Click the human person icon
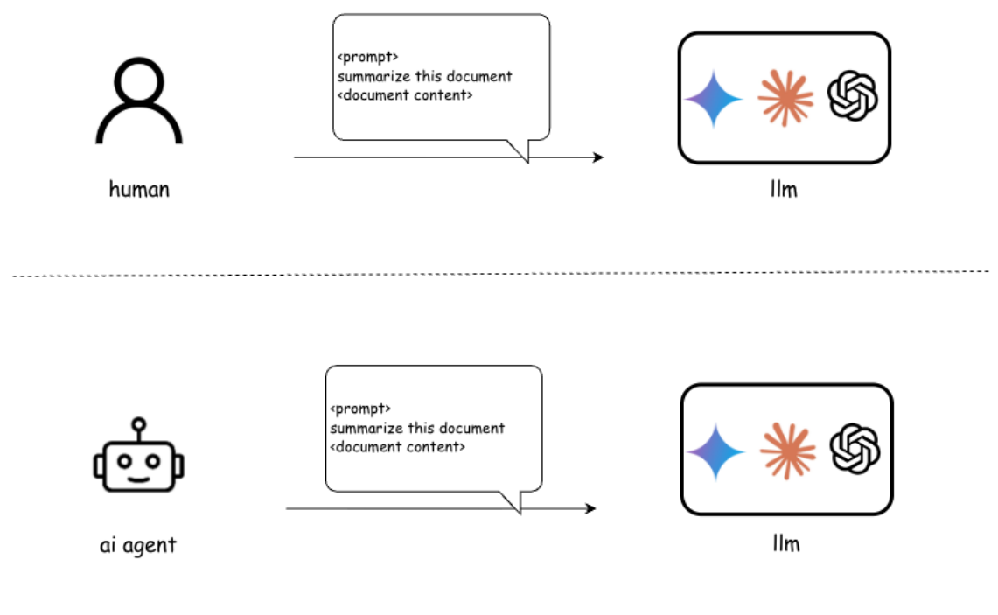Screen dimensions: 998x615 139,101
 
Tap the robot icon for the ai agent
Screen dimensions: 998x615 139,455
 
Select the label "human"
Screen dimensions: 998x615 139,190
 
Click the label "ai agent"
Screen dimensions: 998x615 138,546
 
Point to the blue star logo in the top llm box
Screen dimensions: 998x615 714,99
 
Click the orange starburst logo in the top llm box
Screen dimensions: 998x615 785,98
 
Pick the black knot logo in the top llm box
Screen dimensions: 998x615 853,96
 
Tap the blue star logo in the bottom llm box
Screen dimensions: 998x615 716,451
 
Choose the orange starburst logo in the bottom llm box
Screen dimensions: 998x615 788,451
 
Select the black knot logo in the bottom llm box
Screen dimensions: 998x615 855,449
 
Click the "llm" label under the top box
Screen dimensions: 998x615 784,189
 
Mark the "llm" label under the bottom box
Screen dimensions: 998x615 786,543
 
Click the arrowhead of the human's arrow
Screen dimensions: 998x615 598,157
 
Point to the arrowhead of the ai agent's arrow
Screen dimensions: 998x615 590,508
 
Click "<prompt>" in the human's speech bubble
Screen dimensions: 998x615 368,57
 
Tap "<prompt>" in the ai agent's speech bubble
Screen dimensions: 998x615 360,409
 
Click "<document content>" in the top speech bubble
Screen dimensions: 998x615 405,95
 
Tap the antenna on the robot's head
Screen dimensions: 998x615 139,428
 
